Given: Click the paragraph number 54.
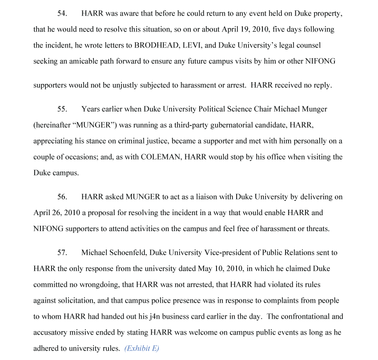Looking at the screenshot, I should coord(62,13).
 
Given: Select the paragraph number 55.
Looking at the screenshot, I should coord(62,109).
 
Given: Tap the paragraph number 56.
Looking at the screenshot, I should coord(62,196).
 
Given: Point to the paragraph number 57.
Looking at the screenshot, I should coord(62,252).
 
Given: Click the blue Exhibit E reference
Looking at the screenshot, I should coord(141,348).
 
